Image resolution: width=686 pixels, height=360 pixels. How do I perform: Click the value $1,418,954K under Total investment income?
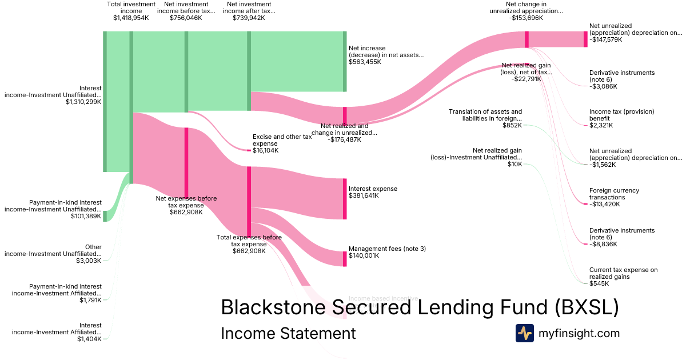[131, 18]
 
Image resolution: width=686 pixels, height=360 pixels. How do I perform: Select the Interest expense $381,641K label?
[373, 192]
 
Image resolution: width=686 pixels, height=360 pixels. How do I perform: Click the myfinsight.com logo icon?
[524, 333]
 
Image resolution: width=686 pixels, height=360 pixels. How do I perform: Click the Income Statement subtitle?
[288, 333]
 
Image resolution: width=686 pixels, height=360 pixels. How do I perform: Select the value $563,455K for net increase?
[365, 62]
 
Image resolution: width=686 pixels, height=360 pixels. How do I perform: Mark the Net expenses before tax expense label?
[186, 205]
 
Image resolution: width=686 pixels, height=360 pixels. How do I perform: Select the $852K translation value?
[512, 125]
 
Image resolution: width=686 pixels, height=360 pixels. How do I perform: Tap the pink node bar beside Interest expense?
[345, 199]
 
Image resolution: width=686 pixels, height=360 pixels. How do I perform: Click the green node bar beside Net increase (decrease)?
[345, 62]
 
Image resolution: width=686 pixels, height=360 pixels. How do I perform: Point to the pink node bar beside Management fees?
[345, 259]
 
